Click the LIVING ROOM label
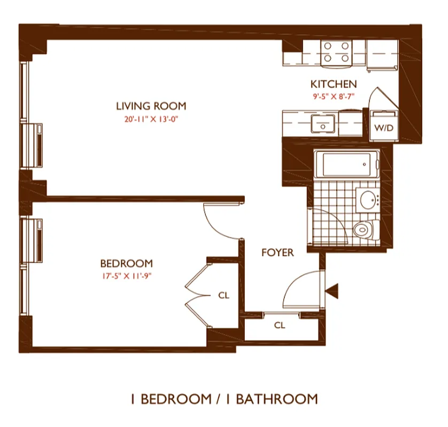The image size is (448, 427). click(151, 106)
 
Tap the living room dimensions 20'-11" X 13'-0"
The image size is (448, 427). click(151, 119)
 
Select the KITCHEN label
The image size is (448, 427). click(334, 84)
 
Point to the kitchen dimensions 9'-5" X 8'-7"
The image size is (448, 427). click(334, 97)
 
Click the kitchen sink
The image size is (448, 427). click(323, 124)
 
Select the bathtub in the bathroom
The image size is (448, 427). click(345, 165)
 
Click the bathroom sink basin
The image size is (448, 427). click(368, 200)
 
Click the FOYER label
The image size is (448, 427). click(277, 252)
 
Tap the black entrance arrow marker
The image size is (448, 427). click(333, 291)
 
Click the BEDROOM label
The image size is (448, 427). click(126, 264)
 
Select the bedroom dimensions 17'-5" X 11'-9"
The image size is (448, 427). click(126, 276)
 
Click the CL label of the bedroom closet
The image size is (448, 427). click(223, 295)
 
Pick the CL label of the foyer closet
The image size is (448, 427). click(279, 325)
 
